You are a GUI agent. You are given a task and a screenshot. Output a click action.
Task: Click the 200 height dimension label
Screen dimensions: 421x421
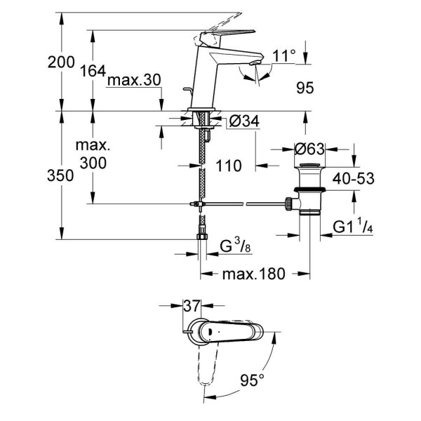(61, 62)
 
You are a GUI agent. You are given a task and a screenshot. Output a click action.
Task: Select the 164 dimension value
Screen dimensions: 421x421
(93, 71)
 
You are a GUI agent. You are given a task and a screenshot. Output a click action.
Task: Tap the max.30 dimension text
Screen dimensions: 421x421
(134, 81)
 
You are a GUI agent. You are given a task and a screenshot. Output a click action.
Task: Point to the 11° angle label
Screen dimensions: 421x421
(265, 54)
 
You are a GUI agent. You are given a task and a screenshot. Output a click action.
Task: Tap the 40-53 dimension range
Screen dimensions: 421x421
(352, 179)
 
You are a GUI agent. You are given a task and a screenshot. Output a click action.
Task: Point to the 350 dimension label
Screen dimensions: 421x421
(61, 176)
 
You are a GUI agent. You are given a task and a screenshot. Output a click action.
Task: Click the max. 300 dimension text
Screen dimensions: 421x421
(93, 155)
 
